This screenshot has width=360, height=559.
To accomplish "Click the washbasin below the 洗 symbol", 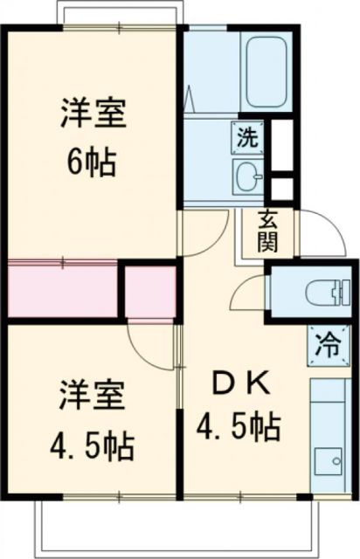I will (247, 175).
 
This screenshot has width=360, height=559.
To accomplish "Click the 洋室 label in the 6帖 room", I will (93, 115).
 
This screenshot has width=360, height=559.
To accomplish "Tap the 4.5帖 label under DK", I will (237, 428).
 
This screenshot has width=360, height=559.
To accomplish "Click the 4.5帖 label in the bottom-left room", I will (92, 446).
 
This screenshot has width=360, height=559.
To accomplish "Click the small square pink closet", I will (149, 291).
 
